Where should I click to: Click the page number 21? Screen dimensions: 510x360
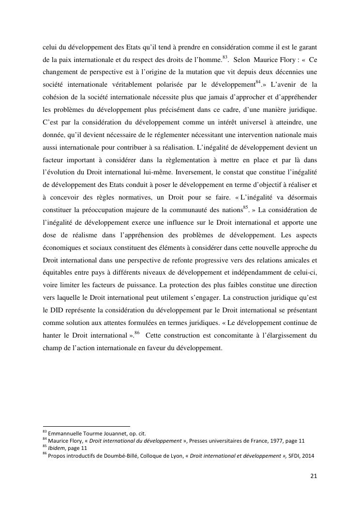pyautogui.click(x=314, y=476)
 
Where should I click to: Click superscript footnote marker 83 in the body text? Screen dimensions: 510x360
pyautogui.click(x=225, y=58)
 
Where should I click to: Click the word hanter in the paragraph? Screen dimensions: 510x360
pyautogui.click(x=51, y=335)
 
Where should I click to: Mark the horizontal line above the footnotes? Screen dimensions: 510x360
pyautogui.click(x=87, y=426)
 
